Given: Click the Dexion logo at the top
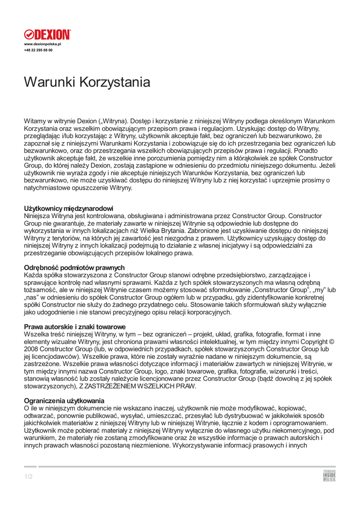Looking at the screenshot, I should [48, 35].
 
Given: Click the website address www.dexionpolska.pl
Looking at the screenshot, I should [42, 44].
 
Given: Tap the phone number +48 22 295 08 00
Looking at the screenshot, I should [38, 50].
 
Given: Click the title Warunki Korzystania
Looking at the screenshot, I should [87, 82].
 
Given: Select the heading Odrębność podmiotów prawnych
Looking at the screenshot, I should [75, 267].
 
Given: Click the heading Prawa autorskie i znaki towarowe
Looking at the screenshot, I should [75, 327].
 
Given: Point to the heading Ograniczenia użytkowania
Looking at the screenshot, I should [64, 401].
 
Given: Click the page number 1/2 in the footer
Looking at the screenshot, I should [28, 477].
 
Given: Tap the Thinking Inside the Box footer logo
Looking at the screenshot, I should [329, 476].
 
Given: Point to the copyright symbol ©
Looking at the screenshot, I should [332, 342].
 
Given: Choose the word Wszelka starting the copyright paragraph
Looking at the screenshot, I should [37, 335].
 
